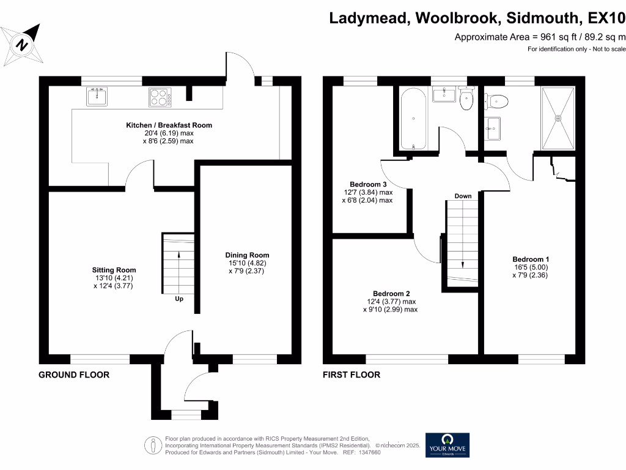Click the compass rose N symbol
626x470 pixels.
[x=23, y=44]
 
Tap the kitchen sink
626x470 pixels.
[x=97, y=96]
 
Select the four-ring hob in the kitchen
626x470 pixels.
[x=160, y=97]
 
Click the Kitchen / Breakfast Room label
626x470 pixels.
[x=169, y=125]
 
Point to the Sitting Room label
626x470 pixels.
[x=114, y=270]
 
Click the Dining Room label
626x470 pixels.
[x=247, y=255]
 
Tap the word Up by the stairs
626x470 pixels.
[x=179, y=299]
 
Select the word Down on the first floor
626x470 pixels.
[x=463, y=196]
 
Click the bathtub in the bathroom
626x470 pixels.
[x=414, y=119]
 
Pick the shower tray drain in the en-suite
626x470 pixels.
[x=558, y=118]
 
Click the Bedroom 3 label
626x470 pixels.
[x=368, y=184]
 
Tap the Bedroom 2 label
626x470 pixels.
[x=391, y=294]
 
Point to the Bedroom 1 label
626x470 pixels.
[x=531, y=259]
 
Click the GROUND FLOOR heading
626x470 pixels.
[x=74, y=375]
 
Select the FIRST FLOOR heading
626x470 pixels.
[x=352, y=375]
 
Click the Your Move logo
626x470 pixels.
[x=447, y=446]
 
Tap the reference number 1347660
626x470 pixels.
[x=370, y=452]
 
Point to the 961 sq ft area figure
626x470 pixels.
[x=559, y=37]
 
